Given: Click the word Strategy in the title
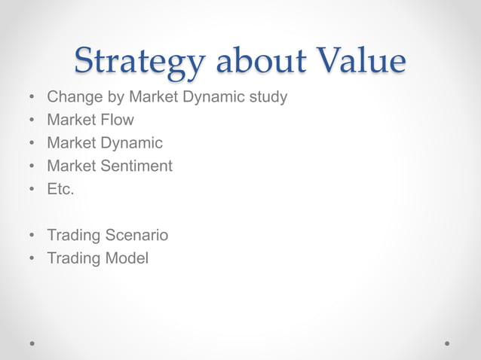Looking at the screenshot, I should pos(138,62).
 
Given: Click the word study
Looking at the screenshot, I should pos(267,98).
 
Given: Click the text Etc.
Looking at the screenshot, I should pos(60,189).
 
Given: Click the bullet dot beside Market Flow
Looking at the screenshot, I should pos(32,121).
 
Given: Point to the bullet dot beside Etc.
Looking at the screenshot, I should pos(32,190).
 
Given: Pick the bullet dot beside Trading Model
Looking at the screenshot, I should pos(32,259).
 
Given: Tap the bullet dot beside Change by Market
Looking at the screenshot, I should pos(32,98).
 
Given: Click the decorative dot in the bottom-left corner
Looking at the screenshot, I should pos(32,343).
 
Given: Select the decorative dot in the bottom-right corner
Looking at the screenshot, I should pos(448,343).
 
